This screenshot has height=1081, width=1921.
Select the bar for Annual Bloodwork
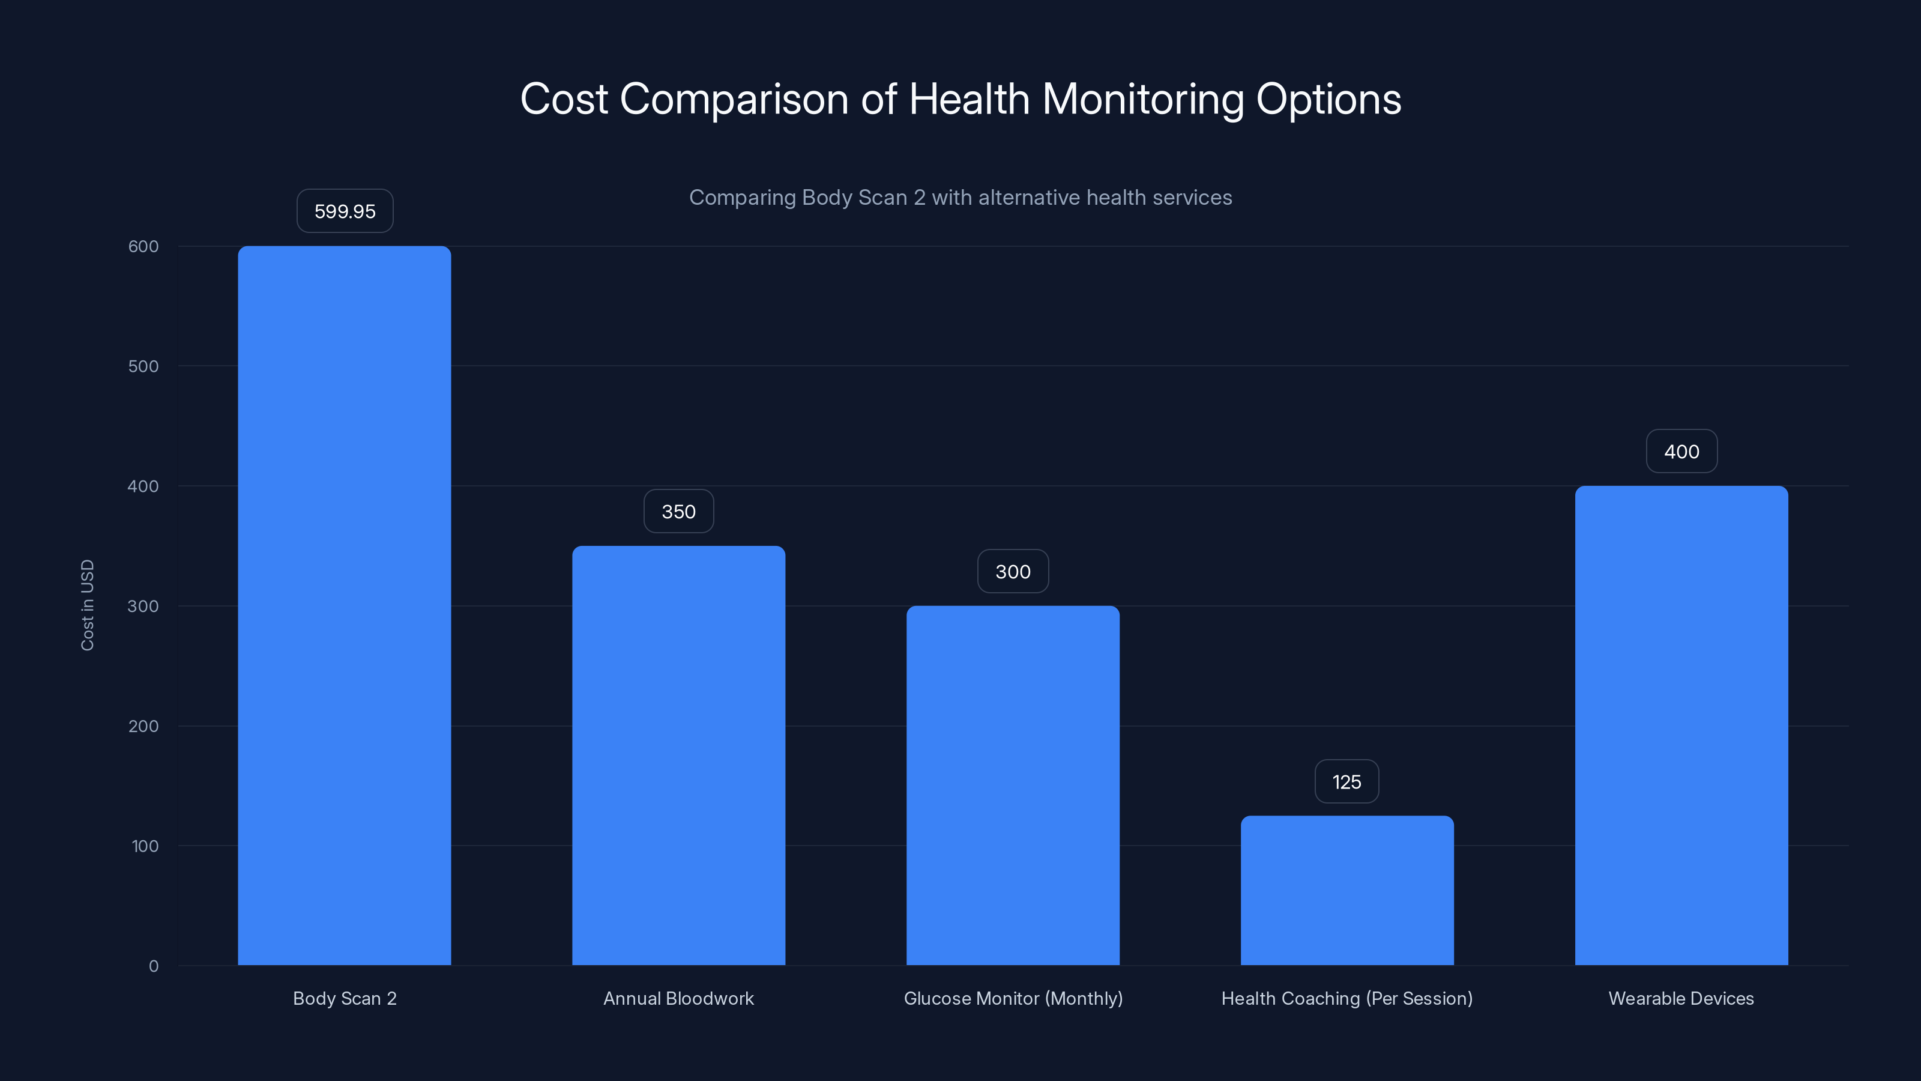pos(678,755)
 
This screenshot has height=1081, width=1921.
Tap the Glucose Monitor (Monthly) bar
pos(1013,785)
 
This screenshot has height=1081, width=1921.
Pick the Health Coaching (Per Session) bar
pos(1347,890)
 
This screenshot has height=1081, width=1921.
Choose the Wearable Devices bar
pos(1681,725)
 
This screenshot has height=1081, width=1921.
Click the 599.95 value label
pos(345,211)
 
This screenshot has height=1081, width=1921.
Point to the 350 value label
pos(678,512)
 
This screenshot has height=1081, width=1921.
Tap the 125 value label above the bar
pos(1346,782)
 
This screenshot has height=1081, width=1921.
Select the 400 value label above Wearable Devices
pos(1681,452)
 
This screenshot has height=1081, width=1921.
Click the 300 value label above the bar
pos(1013,572)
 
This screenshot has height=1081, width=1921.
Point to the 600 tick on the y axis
pos(143,246)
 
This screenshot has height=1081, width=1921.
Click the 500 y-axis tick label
pos(143,366)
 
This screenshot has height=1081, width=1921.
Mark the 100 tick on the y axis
pos(145,846)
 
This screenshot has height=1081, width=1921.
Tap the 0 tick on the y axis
pos(154,966)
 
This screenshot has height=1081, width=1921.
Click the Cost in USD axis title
pos(87,605)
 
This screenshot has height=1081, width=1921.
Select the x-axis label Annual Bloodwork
pos(678,998)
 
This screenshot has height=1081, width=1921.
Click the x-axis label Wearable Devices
pos(1681,998)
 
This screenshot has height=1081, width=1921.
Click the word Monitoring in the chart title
pos(1142,98)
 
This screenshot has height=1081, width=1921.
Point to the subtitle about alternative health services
pos(960,198)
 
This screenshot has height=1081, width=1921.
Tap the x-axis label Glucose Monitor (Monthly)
pos(1013,998)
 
